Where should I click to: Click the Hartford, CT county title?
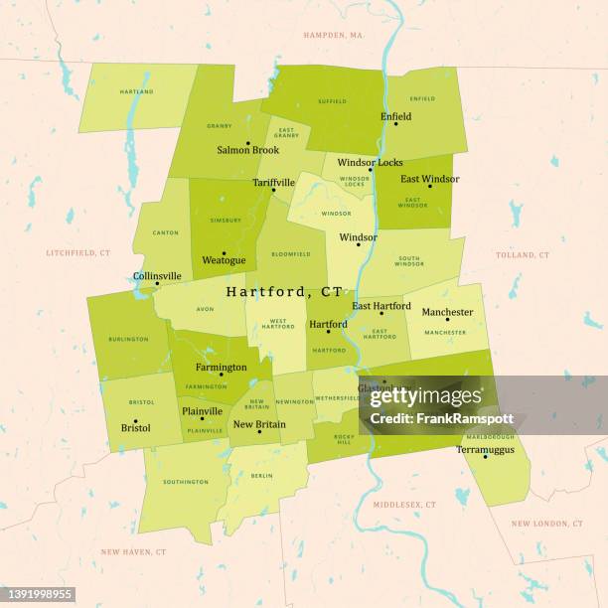(x=284, y=292)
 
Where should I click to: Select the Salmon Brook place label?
(x=247, y=150)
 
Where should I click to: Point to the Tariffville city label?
(x=273, y=182)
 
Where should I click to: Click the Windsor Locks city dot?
(x=370, y=170)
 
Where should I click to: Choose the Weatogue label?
(x=224, y=260)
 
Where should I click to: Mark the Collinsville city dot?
(x=156, y=284)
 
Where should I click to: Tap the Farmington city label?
(x=221, y=367)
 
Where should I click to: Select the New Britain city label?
(x=258, y=424)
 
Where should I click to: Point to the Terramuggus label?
(x=485, y=449)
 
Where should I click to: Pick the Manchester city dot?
(x=447, y=320)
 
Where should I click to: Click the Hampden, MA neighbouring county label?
(x=333, y=35)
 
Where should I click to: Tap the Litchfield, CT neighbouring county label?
(x=77, y=253)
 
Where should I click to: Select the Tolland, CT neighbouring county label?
(x=523, y=255)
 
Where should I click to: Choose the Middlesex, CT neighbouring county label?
(x=404, y=505)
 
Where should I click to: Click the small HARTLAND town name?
(x=136, y=91)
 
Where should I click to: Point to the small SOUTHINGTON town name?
(x=186, y=482)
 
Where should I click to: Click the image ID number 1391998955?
(x=38, y=594)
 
